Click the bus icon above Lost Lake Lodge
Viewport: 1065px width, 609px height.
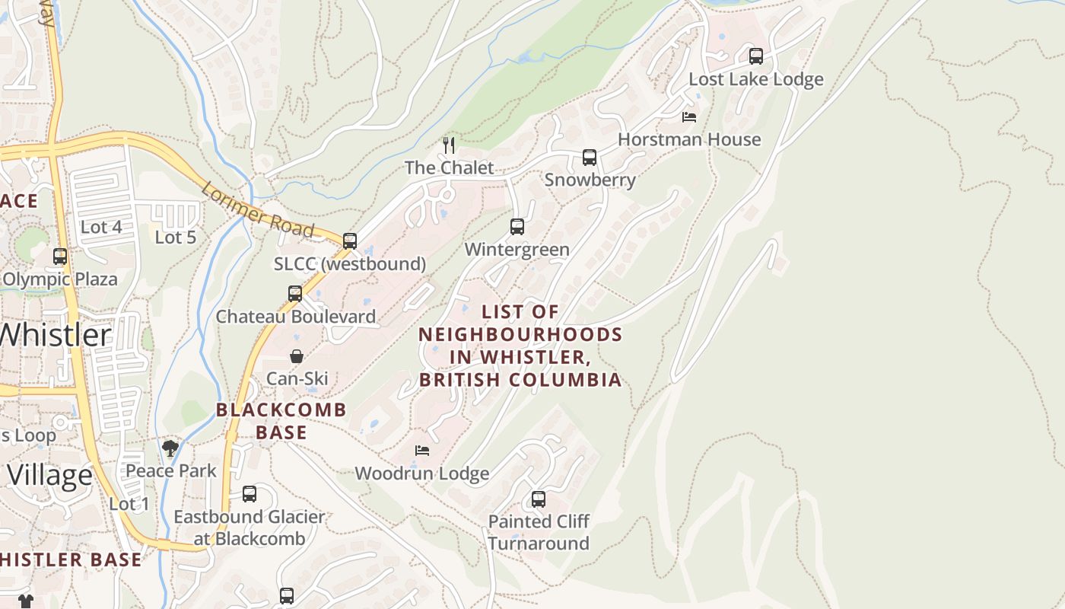(755, 56)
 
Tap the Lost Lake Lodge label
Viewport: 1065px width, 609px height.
(755, 79)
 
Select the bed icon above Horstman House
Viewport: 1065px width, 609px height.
(688, 117)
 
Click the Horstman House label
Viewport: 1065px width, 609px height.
(688, 139)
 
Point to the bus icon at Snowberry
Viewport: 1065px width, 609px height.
(590, 158)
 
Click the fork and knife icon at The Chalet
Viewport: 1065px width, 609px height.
(449, 145)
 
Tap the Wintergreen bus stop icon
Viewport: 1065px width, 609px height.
(517, 227)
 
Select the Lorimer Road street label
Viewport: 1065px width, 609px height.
(257, 210)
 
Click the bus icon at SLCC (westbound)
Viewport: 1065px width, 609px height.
(350, 241)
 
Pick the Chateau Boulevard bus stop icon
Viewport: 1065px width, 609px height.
(295, 294)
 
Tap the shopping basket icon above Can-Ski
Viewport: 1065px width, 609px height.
(297, 356)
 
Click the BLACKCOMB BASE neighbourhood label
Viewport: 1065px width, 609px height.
(281, 421)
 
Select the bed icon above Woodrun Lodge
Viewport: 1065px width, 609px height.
(422, 451)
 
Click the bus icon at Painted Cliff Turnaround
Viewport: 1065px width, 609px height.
(539, 499)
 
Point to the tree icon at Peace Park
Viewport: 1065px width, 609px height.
(170, 448)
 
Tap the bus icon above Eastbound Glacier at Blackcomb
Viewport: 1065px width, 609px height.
(249, 494)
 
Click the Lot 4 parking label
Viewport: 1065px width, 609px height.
(101, 227)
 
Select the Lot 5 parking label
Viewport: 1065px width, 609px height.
(176, 238)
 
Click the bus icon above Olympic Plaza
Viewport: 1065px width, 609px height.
(60, 257)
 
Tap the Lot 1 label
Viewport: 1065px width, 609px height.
(129, 504)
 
